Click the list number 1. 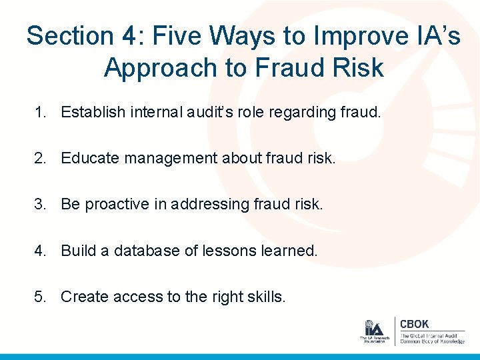(x=39, y=112)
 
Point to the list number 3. (x=39, y=204)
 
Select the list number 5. (x=39, y=297)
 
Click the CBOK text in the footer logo (x=414, y=324)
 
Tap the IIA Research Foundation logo (x=373, y=331)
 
